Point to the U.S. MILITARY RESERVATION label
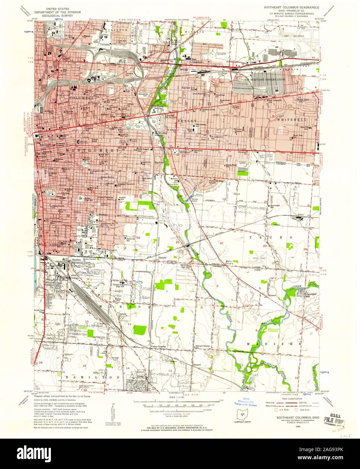click(x=265, y=79)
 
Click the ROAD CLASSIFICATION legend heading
click(x=289, y=398)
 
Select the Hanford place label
click(x=159, y=162)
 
